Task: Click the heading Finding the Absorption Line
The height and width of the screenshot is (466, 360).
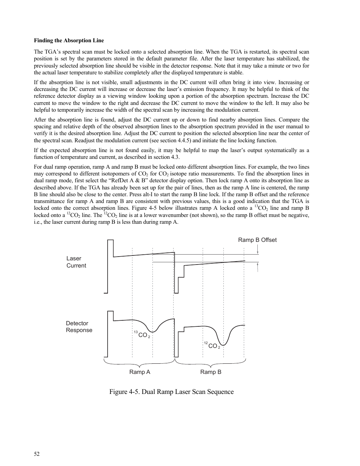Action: pyautogui.click(x=69, y=40)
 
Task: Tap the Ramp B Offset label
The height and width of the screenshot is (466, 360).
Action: pyautogui.click(x=257, y=240)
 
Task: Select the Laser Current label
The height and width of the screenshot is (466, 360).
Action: pyautogui.click(x=76, y=262)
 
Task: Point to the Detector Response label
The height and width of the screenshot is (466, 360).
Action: pyautogui.click(x=79, y=327)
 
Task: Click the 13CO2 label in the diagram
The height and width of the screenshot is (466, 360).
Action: pyautogui.click(x=142, y=335)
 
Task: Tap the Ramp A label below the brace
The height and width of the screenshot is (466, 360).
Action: pyautogui.click(x=140, y=372)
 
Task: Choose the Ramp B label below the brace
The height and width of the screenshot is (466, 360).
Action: pyautogui.click(x=211, y=372)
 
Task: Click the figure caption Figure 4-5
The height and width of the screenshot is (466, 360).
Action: pyautogui.click(x=171, y=392)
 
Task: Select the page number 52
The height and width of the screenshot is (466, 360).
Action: pyautogui.click(x=37, y=454)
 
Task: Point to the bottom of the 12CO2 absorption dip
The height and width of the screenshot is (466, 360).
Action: pyautogui.click(x=223, y=345)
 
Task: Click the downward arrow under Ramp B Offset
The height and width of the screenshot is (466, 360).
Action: pyautogui.click(x=257, y=250)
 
